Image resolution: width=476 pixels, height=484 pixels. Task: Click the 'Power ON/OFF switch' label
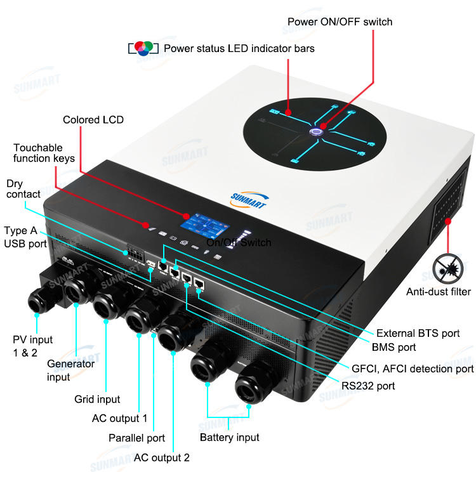340,22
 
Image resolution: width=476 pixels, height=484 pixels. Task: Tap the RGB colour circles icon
143,48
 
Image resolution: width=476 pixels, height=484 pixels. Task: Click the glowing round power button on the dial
315,132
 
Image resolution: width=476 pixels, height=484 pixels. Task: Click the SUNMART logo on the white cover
249,200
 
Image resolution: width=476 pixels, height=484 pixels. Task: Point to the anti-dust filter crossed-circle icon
447,269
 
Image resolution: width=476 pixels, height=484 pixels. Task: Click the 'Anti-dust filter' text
439,292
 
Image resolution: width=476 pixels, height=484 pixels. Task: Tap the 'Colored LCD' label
93,120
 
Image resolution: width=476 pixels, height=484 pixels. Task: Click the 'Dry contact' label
23,189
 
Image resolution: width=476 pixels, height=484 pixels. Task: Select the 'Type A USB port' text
25,237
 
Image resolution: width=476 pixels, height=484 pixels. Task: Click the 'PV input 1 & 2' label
32,346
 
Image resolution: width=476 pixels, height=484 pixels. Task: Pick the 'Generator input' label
70,370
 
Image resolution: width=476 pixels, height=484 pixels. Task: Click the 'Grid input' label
97,399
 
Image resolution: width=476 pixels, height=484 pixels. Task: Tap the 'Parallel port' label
136,438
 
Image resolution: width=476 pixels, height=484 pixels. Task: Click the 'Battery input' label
230,438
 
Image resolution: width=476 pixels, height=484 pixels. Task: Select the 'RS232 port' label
368,386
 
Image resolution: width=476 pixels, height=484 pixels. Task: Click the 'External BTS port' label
418,334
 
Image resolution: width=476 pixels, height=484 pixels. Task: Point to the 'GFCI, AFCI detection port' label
413,369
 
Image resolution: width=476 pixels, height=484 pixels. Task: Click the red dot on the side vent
448,221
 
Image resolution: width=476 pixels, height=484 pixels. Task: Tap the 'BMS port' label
393,347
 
